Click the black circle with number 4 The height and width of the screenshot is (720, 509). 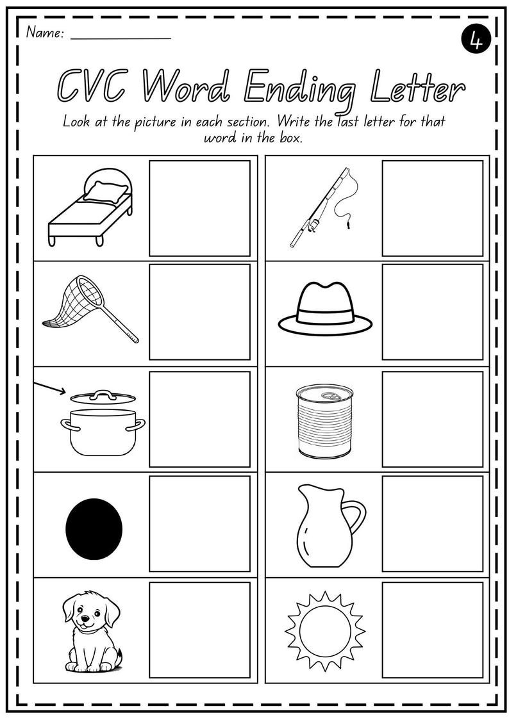click(x=475, y=40)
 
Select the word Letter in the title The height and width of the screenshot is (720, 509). click(x=417, y=88)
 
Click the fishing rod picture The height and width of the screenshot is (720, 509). click(x=322, y=208)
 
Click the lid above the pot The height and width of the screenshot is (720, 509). click(x=103, y=397)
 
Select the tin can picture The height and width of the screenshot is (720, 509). click(x=324, y=421)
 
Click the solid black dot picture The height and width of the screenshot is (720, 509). click(x=94, y=528)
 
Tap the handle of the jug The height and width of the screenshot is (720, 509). click(x=355, y=518)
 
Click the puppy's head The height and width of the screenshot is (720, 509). click(x=90, y=612)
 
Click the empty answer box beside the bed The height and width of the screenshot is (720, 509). click(x=199, y=208)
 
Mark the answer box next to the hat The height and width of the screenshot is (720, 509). click(x=432, y=312)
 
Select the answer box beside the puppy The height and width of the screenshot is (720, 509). click(x=199, y=630)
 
